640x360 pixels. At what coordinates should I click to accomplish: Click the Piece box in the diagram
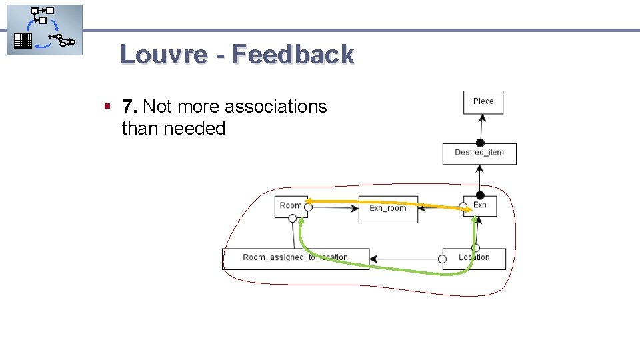(x=483, y=102)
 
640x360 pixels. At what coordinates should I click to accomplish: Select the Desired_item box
(x=479, y=153)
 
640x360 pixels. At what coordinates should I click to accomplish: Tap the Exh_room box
(x=388, y=209)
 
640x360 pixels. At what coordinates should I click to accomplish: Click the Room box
(x=291, y=206)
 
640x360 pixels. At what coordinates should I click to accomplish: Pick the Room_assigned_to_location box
(x=295, y=258)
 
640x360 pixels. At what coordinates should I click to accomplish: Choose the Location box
(x=474, y=259)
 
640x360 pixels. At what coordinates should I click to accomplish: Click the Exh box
(x=480, y=205)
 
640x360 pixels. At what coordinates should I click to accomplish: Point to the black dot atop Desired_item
(x=479, y=143)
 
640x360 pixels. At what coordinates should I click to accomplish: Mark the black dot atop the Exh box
(x=479, y=195)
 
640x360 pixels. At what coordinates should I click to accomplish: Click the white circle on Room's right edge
(x=308, y=207)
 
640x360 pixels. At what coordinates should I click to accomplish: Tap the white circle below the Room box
(x=292, y=218)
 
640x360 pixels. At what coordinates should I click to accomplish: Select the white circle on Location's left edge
(x=443, y=259)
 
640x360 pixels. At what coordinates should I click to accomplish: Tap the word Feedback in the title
(x=293, y=55)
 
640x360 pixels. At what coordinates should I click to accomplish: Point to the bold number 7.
(x=129, y=107)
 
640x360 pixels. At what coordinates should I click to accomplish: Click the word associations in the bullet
(x=275, y=107)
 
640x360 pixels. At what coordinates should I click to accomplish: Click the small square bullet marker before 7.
(x=107, y=105)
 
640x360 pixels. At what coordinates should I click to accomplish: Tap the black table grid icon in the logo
(x=23, y=41)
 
